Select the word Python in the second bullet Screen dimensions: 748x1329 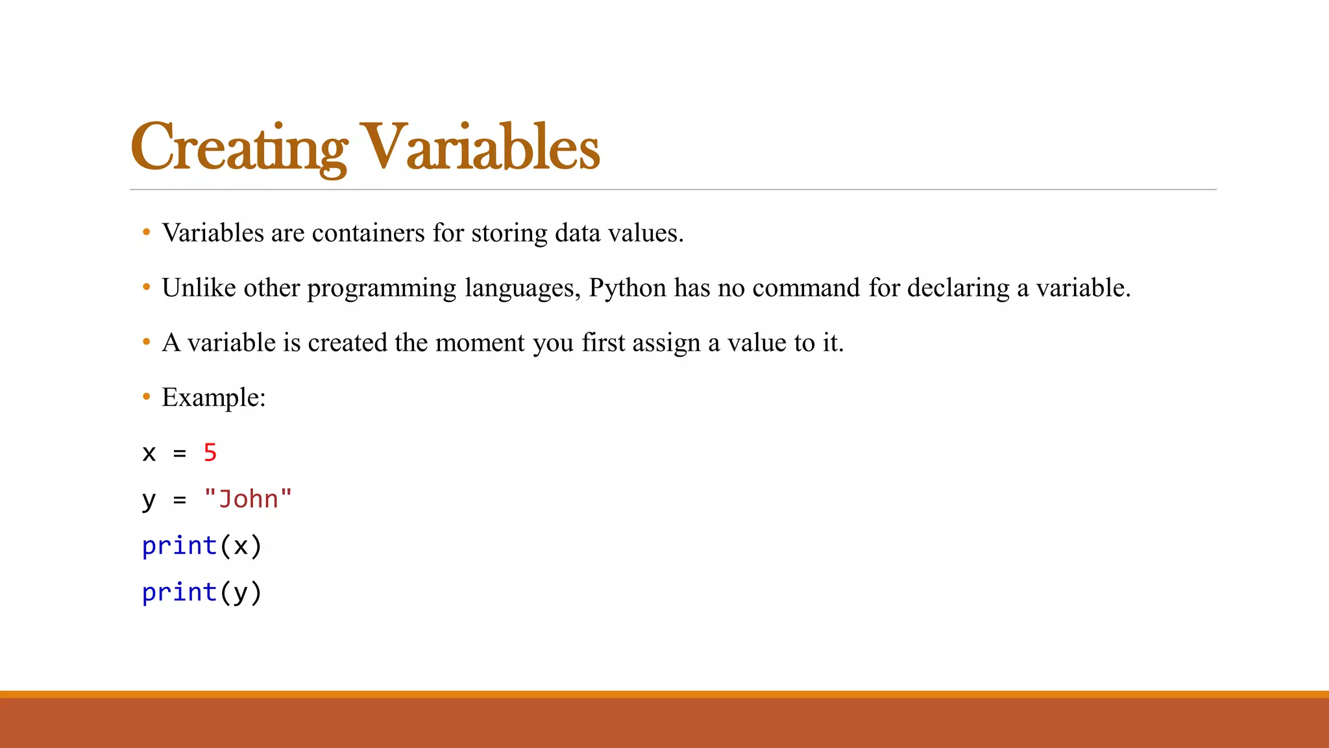628,288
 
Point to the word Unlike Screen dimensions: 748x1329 199,288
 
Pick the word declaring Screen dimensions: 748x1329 958,288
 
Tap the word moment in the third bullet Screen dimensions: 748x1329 480,343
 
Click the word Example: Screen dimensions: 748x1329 213,397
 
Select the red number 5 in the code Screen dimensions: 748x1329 210,453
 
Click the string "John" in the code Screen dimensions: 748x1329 248,499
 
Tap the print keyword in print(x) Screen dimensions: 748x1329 179,546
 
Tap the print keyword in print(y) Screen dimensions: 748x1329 179,593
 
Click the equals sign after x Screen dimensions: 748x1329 180,453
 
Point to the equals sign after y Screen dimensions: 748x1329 180,500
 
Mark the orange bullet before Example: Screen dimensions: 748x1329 147,396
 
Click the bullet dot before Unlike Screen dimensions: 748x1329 147,286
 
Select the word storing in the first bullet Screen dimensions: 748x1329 509,233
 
